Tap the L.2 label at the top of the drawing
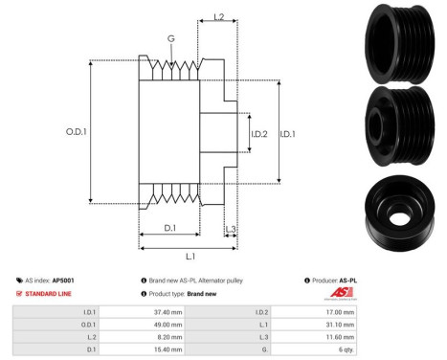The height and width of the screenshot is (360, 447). click(x=217, y=17)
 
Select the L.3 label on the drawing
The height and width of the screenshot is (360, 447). click(x=232, y=231)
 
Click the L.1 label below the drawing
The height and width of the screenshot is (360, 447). click(x=189, y=257)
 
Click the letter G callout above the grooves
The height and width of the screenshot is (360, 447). click(x=170, y=39)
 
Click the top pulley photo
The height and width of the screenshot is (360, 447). click(x=401, y=40)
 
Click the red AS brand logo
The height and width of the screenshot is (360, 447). click(x=341, y=293)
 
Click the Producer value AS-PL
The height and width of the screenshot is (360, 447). click(x=358, y=280)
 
